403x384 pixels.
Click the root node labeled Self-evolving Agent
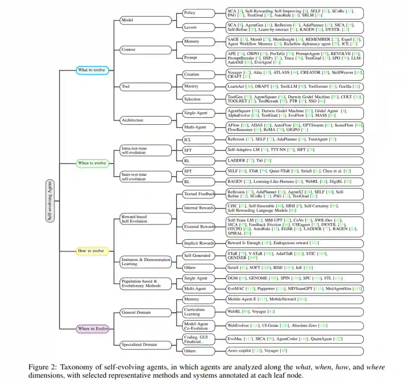[50, 201]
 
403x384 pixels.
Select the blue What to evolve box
[92, 70]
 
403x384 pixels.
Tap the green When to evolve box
[92, 163]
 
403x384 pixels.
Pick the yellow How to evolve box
[92, 251]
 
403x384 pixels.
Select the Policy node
[199, 13]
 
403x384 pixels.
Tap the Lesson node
[199, 27]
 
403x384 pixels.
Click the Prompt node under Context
[199, 58]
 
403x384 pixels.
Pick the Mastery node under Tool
[199, 86]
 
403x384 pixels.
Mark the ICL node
[199, 139]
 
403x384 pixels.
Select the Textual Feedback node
[199, 194]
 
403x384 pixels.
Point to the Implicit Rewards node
[199, 243]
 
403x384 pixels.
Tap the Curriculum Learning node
[199, 311]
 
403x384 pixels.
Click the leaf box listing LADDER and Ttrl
[295, 161]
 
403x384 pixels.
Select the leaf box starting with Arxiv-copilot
[295, 351]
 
